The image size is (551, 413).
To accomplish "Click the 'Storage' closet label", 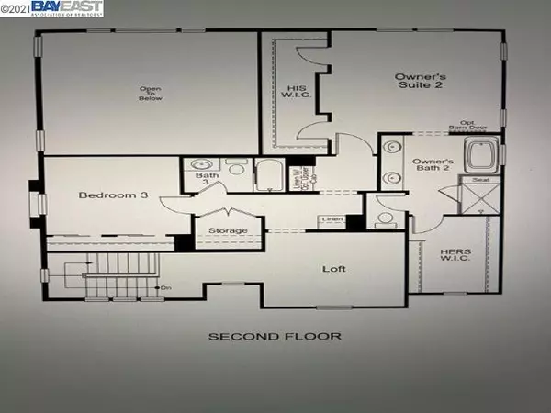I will pos(229,230).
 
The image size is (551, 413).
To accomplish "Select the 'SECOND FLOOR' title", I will pos(275,336).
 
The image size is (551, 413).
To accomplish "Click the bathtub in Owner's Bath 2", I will pos(482,156).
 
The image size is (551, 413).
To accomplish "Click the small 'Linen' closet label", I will pos(331,220).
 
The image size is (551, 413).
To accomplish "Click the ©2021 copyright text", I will pos(16,9).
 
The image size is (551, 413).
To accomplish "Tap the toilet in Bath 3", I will pos(236,168).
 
